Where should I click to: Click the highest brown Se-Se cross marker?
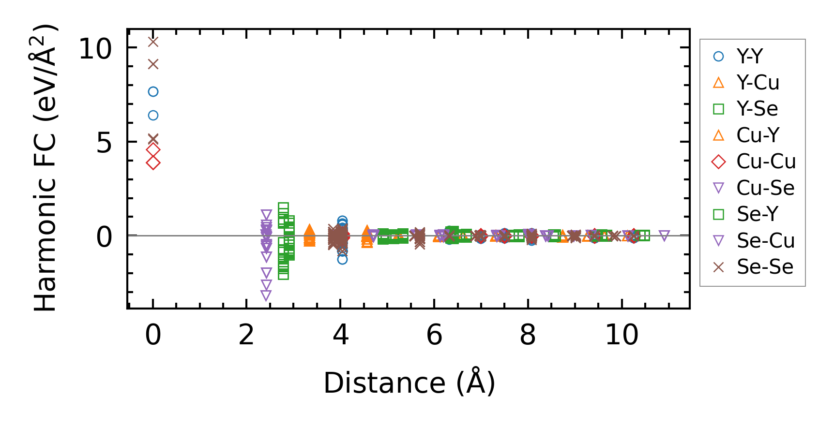pos(153,42)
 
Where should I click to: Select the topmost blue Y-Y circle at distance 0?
pos(153,91)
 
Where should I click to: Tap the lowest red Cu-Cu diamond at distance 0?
pos(153,163)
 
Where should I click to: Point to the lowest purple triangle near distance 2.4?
pos(266,295)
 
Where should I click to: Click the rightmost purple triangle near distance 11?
pos(664,236)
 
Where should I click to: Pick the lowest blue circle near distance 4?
pos(342,259)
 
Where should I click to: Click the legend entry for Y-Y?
pos(749,57)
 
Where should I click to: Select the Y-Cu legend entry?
pos(758,83)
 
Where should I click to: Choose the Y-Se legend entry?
pos(757,109)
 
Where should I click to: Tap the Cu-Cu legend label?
pos(766,162)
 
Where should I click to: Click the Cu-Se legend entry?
pos(765,188)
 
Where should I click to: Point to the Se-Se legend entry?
pos(765,267)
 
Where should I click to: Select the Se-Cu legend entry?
pos(765,240)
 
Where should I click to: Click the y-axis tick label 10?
pos(95,49)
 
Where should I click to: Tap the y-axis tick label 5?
pos(104,143)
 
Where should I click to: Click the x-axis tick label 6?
pos(434,335)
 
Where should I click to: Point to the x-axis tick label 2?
pos(246,335)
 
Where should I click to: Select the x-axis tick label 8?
pos(528,335)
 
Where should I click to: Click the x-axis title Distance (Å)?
pos(409,383)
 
